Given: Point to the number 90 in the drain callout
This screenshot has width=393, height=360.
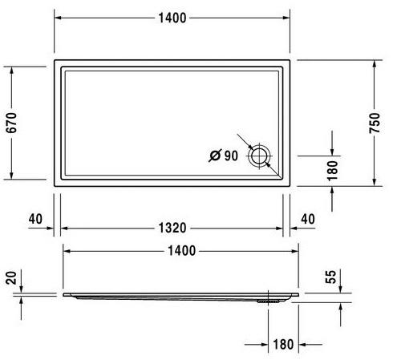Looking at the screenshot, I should (231, 156).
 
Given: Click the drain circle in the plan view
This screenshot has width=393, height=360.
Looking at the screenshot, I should (259, 156).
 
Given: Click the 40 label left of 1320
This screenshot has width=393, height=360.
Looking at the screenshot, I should (34, 219).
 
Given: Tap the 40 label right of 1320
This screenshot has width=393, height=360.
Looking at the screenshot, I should (309, 219).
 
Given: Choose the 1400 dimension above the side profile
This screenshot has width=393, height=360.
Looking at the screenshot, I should (181, 251).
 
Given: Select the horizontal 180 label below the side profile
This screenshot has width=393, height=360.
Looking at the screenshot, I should (282, 345).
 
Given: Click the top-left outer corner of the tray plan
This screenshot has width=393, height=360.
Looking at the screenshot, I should (55, 59).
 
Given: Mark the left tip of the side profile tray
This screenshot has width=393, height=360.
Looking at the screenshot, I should (63, 293).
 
